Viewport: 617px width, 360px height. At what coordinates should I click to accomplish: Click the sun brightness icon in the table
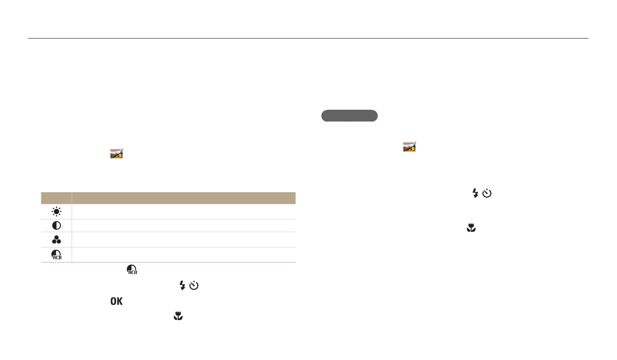(x=57, y=212)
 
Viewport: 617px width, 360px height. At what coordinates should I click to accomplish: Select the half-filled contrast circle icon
(x=57, y=226)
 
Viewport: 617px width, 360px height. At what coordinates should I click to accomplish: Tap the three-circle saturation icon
(x=57, y=240)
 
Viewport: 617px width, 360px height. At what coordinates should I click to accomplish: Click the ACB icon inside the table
(x=57, y=254)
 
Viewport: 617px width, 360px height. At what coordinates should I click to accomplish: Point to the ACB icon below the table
(x=132, y=269)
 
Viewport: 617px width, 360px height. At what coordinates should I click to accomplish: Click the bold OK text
(x=117, y=302)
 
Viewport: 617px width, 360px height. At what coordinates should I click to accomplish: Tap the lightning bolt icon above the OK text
(x=182, y=285)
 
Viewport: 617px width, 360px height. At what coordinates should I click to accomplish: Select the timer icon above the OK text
(x=194, y=285)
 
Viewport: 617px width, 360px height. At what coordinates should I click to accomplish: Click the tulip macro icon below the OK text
(x=178, y=316)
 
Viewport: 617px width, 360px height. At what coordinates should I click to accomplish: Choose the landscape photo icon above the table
(x=117, y=153)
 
